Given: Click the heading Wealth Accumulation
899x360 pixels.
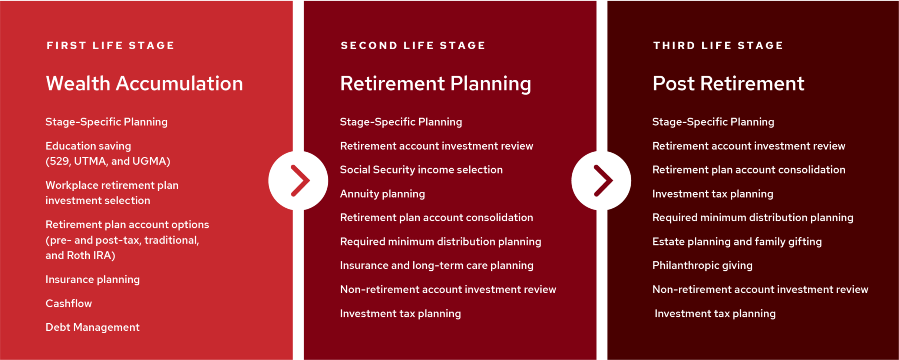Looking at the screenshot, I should [x=144, y=83].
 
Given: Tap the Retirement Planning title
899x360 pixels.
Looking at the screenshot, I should [x=435, y=83].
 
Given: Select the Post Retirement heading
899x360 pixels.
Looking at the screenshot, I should [x=728, y=83].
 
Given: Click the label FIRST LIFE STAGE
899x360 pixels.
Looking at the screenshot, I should [x=110, y=46].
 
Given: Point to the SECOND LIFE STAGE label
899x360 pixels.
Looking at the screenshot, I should [x=413, y=46].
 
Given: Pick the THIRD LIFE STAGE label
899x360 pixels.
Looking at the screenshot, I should [x=718, y=46].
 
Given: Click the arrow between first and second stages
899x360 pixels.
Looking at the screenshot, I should [x=298, y=181].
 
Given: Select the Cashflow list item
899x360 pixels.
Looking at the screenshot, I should [x=69, y=303].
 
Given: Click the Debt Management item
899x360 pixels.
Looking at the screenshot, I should [x=92, y=327].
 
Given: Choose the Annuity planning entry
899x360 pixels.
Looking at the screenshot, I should [x=382, y=194].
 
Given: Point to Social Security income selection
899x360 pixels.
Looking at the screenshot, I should [x=421, y=169].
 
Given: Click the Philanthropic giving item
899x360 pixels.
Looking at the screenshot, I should [x=702, y=265].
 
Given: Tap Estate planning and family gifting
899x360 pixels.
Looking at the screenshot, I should [x=737, y=241].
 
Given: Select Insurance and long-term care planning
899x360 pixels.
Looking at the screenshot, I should [x=436, y=265].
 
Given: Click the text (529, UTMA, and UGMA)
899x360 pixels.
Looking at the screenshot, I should [x=108, y=161].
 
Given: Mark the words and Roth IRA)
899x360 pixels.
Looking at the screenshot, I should [x=80, y=255].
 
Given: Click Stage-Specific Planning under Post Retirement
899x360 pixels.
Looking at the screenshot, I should [x=713, y=122].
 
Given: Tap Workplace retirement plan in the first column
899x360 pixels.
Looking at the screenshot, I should [x=112, y=185].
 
